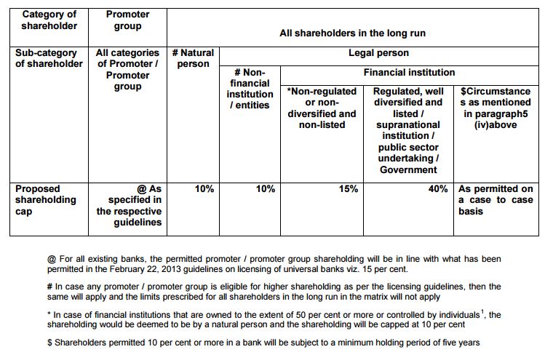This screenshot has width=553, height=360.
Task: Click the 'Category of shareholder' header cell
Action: pos(49,20)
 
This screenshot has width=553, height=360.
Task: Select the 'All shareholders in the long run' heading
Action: pos(352,33)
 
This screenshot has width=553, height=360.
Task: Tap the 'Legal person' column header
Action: pos(378,53)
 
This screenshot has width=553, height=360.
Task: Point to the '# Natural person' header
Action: pos(193,58)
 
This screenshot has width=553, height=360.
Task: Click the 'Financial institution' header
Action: pos(409,72)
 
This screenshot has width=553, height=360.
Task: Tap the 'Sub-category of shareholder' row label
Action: pos(49,58)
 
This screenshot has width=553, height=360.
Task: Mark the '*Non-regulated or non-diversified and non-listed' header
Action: pos(322,108)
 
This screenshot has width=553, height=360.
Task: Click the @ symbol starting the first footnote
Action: pos(51,259)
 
